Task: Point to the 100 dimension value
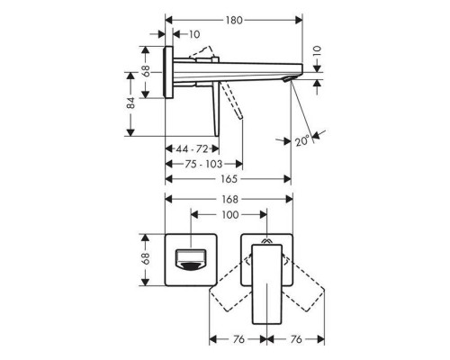[x=230, y=217]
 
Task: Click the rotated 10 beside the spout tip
[x=316, y=53]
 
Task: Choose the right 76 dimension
[x=295, y=339]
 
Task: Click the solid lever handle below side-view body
[x=215, y=110]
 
